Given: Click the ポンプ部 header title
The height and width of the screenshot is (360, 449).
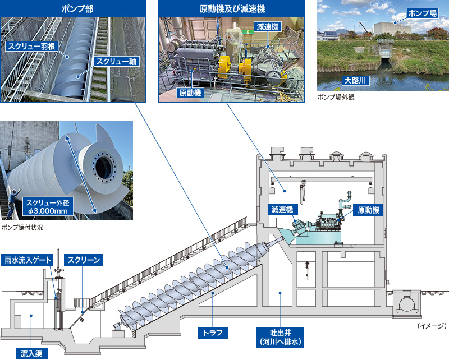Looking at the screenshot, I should (74, 8).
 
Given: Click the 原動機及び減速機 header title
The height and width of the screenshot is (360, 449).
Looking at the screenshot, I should (232, 8).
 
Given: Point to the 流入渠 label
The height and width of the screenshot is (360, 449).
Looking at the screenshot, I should (31, 353).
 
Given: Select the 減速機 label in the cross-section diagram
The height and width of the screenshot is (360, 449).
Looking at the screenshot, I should (282, 210).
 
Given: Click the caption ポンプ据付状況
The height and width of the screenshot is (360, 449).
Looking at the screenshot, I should (22, 228).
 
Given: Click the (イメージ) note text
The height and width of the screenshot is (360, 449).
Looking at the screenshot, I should (432, 326).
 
